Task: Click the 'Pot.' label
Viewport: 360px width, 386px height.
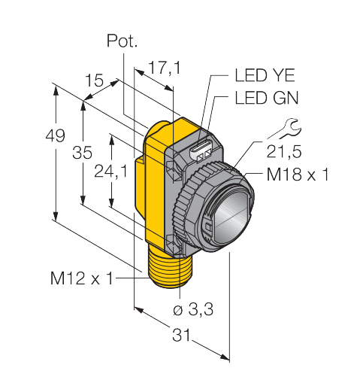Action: [x=122, y=41]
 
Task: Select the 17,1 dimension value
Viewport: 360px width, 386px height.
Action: [x=165, y=68]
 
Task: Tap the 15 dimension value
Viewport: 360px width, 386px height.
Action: [x=94, y=81]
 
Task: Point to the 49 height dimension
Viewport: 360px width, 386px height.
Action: [x=55, y=135]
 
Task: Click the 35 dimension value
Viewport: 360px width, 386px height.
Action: [x=82, y=153]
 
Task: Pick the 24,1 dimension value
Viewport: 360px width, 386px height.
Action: [x=110, y=172]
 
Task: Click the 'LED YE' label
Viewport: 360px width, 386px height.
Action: [x=265, y=75]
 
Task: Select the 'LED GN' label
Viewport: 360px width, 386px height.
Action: [x=267, y=98]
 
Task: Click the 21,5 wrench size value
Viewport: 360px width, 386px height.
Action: [x=284, y=152]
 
